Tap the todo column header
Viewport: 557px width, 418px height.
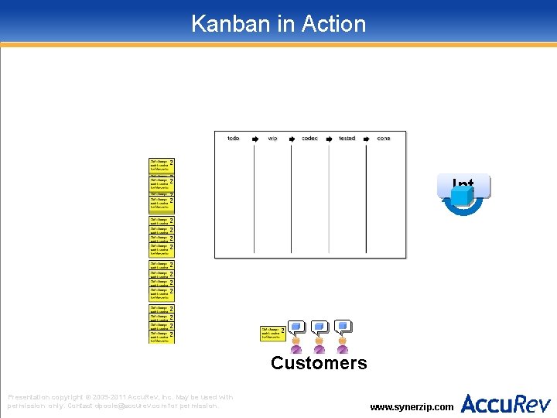[233, 139]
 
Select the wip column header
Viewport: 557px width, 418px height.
[272, 139]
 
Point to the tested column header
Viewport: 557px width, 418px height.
[347, 139]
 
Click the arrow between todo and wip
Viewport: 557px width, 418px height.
[254, 139]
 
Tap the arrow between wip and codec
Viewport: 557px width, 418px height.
[291, 139]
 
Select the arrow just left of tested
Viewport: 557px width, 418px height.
[329, 139]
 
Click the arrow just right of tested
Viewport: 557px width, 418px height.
[365, 139]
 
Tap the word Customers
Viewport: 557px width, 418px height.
[319, 363]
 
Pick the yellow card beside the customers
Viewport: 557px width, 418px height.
[272, 334]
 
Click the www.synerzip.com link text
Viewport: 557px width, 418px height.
[412, 406]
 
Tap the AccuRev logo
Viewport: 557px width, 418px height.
[506, 403]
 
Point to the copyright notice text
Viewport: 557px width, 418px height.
[120, 401]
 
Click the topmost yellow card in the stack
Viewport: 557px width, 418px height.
[161, 164]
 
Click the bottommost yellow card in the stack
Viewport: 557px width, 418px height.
[161, 337]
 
